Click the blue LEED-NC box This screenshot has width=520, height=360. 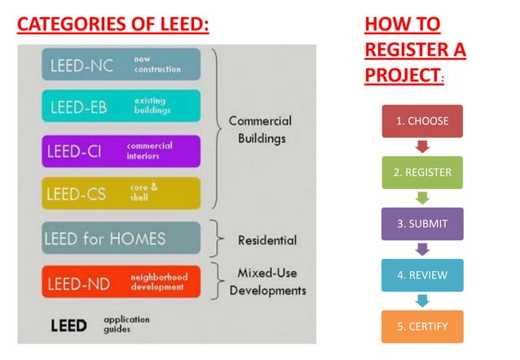tap(121, 64)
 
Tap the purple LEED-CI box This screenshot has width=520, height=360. tap(121, 151)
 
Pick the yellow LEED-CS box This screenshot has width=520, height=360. tap(121, 193)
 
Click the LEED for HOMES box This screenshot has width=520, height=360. tap(121, 238)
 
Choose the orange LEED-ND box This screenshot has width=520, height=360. tap(121, 281)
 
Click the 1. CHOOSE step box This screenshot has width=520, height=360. tap(422, 121)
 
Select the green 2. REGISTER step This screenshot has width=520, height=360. tap(422, 172)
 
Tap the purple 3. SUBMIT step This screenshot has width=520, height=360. tap(422, 223)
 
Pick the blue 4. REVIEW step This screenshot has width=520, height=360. tap(422, 274)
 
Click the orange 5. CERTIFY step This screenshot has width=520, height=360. tap(422, 326)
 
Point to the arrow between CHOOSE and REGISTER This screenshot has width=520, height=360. tap(422, 147)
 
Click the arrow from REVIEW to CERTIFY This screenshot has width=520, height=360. tap(422, 301)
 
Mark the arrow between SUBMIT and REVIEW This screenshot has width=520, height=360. tap(422, 249)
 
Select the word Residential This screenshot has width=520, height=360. tap(267, 240)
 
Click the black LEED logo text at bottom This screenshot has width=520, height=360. tap(68, 325)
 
